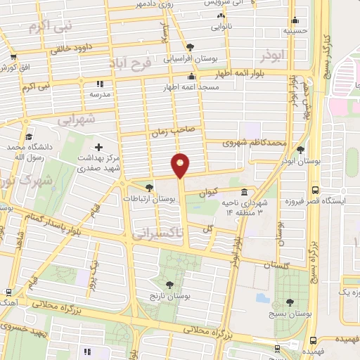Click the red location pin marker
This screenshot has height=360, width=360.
181,165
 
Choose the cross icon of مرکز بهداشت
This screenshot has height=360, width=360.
98,148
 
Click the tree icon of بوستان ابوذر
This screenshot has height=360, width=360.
301,150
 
